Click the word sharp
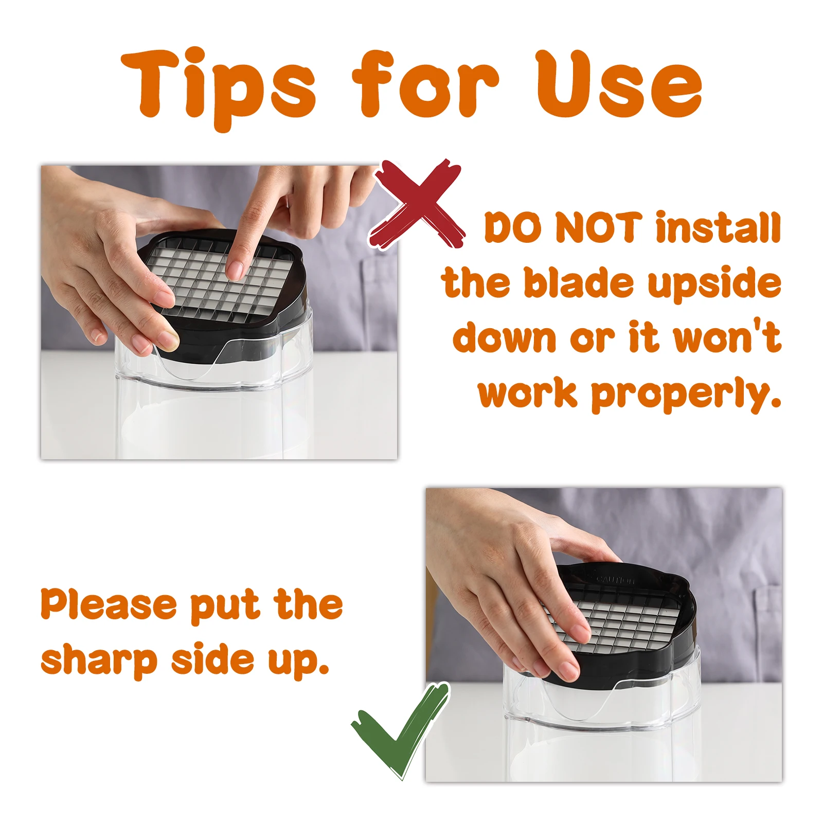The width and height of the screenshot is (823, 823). [98, 661]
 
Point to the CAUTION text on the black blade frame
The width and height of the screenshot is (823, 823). [615, 580]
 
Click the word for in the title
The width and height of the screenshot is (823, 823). [425, 85]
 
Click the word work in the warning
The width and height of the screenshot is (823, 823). [528, 393]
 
